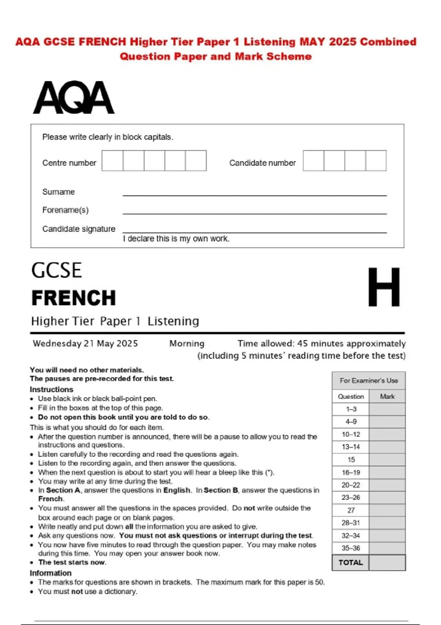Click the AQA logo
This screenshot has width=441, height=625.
click(73, 97)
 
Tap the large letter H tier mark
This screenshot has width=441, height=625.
click(384, 287)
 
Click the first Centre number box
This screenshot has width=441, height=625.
click(112, 161)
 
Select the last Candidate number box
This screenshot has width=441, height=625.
click(376, 161)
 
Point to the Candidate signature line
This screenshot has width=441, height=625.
click(254, 231)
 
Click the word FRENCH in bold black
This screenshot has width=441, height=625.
click(73, 298)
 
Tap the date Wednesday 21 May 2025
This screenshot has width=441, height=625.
click(85, 343)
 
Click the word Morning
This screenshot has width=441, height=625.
click(187, 343)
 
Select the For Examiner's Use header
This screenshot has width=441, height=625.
click(369, 381)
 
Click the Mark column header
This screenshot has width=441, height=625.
click(387, 396)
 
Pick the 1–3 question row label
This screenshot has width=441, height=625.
click(351, 409)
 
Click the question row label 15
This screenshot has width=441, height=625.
click(351, 460)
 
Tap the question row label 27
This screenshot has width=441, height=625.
click(351, 510)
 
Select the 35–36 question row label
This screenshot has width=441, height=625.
click(351, 548)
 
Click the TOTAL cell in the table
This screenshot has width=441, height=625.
click(351, 562)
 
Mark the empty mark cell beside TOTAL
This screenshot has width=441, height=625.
click(387, 562)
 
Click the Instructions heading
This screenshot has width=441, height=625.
click(51, 389)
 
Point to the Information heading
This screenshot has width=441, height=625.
click(51, 573)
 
